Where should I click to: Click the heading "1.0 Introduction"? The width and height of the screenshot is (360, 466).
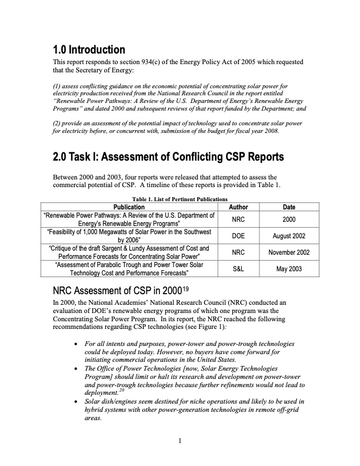pyautogui.click(x=89, y=49)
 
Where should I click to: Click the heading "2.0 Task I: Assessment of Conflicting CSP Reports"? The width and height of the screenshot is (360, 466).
pyautogui.click(x=168, y=157)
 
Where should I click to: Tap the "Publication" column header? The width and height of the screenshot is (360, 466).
pyautogui.click(x=129, y=207)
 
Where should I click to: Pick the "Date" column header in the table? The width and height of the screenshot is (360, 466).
pyautogui.click(x=289, y=207)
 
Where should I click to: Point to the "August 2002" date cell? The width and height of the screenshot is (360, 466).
pyautogui.click(x=289, y=235)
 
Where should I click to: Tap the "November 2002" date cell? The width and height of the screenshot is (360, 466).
pyautogui.click(x=289, y=252)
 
